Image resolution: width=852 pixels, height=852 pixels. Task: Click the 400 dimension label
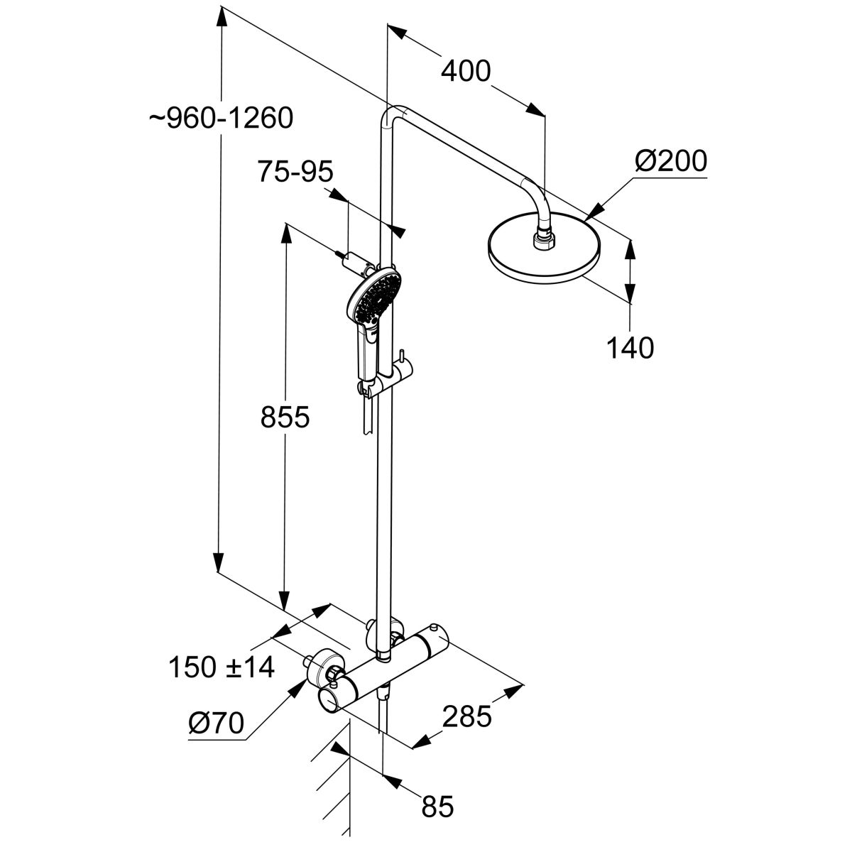pos(466,71)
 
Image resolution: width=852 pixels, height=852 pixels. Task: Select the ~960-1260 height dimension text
pos(221,118)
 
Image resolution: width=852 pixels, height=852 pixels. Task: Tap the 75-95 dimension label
pos(295,172)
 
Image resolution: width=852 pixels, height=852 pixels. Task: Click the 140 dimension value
pos(630,348)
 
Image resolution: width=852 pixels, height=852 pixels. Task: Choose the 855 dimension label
pos(285,417)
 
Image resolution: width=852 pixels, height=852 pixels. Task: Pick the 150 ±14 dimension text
pos(222,667)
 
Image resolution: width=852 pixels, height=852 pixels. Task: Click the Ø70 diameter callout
pos(217,723)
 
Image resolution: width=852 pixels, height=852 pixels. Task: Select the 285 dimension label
pos(466,717)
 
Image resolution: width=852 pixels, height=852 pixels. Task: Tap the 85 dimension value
pos(437,807)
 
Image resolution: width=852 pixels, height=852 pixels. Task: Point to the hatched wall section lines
pos(334,788)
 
